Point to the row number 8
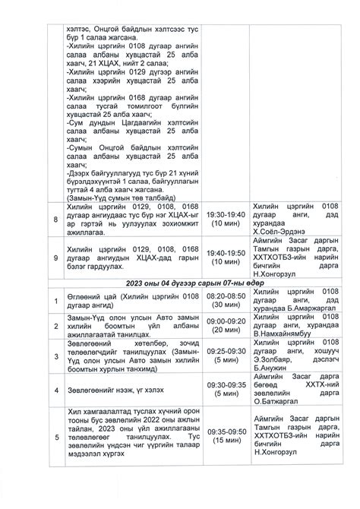click(x=54, y=219)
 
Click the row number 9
click(x=54, y=256)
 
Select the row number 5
click(x=54, y=436)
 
